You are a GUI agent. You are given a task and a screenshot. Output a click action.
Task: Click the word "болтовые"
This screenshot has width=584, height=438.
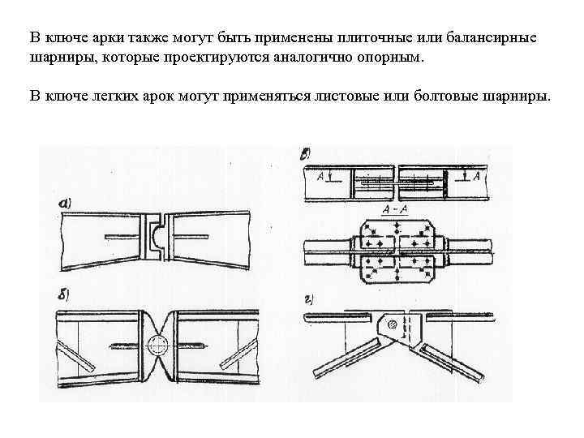pos(439,97)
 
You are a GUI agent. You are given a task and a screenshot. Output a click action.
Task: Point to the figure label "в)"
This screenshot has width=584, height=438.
pos(307,152)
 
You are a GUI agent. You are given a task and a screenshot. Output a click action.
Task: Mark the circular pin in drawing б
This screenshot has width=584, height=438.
pos(157,346)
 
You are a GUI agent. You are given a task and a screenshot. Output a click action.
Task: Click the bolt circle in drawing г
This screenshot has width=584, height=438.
pos(393,324)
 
